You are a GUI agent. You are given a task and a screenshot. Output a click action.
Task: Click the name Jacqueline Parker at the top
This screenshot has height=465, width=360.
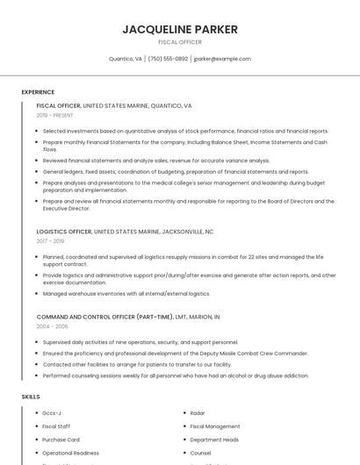tap(180, 29)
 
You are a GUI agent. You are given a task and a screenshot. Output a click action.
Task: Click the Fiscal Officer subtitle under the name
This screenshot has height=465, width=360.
tap(180, 42)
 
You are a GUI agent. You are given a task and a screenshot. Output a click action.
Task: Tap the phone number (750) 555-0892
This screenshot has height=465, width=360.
tap(168, 59)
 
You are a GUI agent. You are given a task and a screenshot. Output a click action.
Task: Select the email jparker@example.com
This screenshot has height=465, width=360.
tap(222, 59)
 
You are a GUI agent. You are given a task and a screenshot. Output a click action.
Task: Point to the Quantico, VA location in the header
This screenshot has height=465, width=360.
tap(125, 59)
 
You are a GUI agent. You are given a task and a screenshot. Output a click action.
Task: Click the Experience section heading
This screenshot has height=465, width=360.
tap(38, 92)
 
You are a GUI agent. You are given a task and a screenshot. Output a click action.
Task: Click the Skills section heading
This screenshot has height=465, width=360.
tap(31, 397)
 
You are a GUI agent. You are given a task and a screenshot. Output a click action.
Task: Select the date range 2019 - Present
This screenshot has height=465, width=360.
tap(55, 115)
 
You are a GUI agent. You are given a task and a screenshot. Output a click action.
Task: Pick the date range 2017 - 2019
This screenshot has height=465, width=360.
tap(50, 240)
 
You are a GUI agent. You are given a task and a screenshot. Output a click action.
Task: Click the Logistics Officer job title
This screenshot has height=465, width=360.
tap(64, 232)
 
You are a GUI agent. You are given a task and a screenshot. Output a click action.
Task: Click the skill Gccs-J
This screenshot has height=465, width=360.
tap(52, 412)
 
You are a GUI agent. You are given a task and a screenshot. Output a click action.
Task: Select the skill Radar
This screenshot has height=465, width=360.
tap(198, 412)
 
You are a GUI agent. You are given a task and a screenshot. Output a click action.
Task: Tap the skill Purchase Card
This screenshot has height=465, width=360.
tap(61, 440)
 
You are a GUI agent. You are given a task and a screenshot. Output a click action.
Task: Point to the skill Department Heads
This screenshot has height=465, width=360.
tap(213, 440)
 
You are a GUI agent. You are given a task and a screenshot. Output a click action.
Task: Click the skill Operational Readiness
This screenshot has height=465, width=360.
tap(70, 453)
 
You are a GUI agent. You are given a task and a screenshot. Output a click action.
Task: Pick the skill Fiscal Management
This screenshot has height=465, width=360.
tap(215, 426)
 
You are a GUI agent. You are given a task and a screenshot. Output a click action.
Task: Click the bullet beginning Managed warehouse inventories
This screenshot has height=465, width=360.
tap(126, 294)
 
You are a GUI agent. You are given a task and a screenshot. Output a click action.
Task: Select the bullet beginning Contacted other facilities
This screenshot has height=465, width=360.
tap(137, 364)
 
